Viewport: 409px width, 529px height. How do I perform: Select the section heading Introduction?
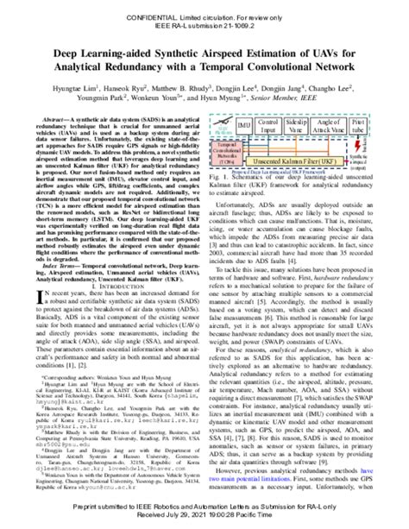click(x=117, y=282)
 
